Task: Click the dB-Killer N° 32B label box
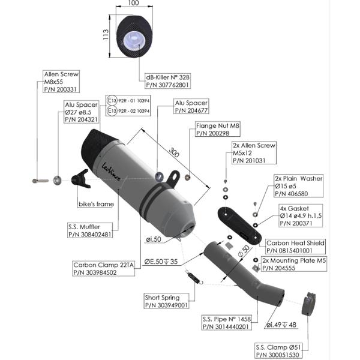pos(168,82)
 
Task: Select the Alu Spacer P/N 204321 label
pos(81,112)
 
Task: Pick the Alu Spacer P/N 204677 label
pos(191,107)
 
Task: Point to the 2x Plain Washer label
pos(298,186)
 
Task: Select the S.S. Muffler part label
pos(90,230)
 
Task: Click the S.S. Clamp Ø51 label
pos(277,351)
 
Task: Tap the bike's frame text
pos(96,205)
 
